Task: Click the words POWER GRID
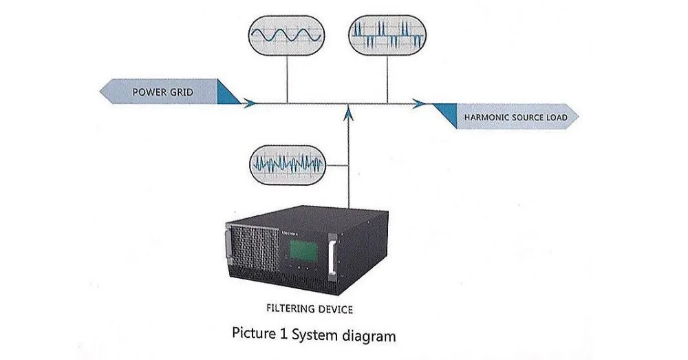(163, 92)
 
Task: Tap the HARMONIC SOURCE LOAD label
(515, 118)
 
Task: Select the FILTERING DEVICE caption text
(309, 309)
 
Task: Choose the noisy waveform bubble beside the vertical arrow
(288, 165)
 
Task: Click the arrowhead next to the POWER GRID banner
(250, 104)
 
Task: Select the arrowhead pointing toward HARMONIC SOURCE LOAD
(418, 104)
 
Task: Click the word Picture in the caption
(253, 336)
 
